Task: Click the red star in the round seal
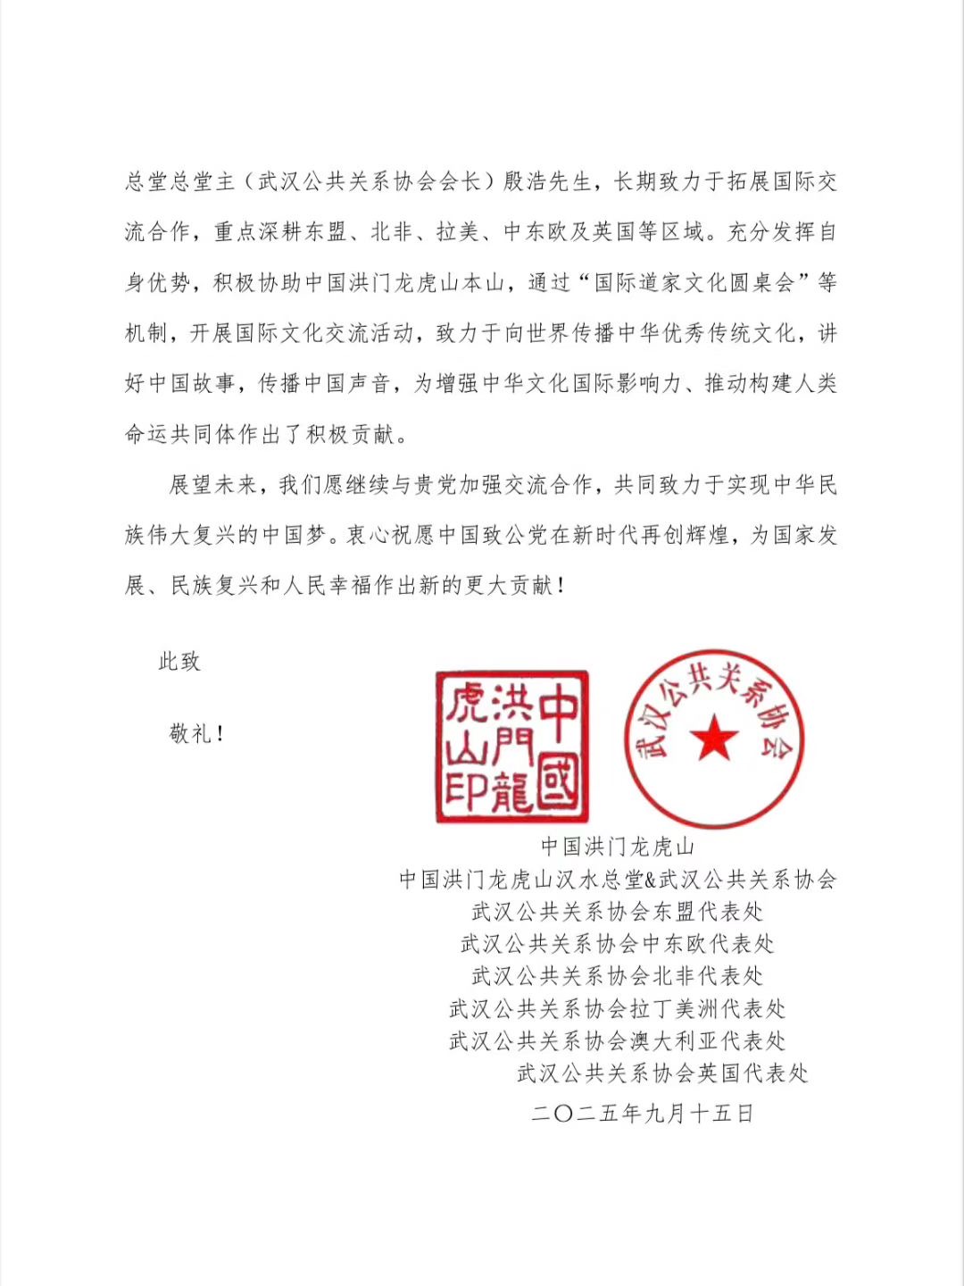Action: pyautogui.click(x=714, y=739)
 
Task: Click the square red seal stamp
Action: pyautogui.click(x=511, y=747)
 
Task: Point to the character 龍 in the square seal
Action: pyautogui.click(x=511, y=790)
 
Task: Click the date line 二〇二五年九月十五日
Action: pyautogui.click(x=643, y=1114)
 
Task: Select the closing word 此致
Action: pyautogui.click(x=179, y=662)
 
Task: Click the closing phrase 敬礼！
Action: pyautogui.click(x=196, y=734)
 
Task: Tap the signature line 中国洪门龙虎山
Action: pyautogui.click(x=618, y=847)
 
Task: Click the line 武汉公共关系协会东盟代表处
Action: pyautogui.click(x=618, y=912)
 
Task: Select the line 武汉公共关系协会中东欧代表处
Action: pyautogui.click(x=618, y=944)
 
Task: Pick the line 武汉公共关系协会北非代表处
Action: pyautogui.click(x=618, y=976)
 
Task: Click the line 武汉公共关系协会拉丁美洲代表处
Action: pyautogui.click(x=618, y=1009)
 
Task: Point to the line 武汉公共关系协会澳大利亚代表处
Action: pyautogui.click(x=618, y=1041)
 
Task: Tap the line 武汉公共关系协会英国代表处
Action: pyautogui.click(x=663, y=1073)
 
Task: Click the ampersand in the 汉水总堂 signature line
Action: pyautogui.click(x=651, y=880)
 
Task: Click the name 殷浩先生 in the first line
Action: pyautogui.click(x=547, y=182)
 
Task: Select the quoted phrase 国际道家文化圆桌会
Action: pyautogui.click(x=694, y=283)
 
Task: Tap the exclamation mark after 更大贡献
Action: pyautogui.click(x=561, y=587)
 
